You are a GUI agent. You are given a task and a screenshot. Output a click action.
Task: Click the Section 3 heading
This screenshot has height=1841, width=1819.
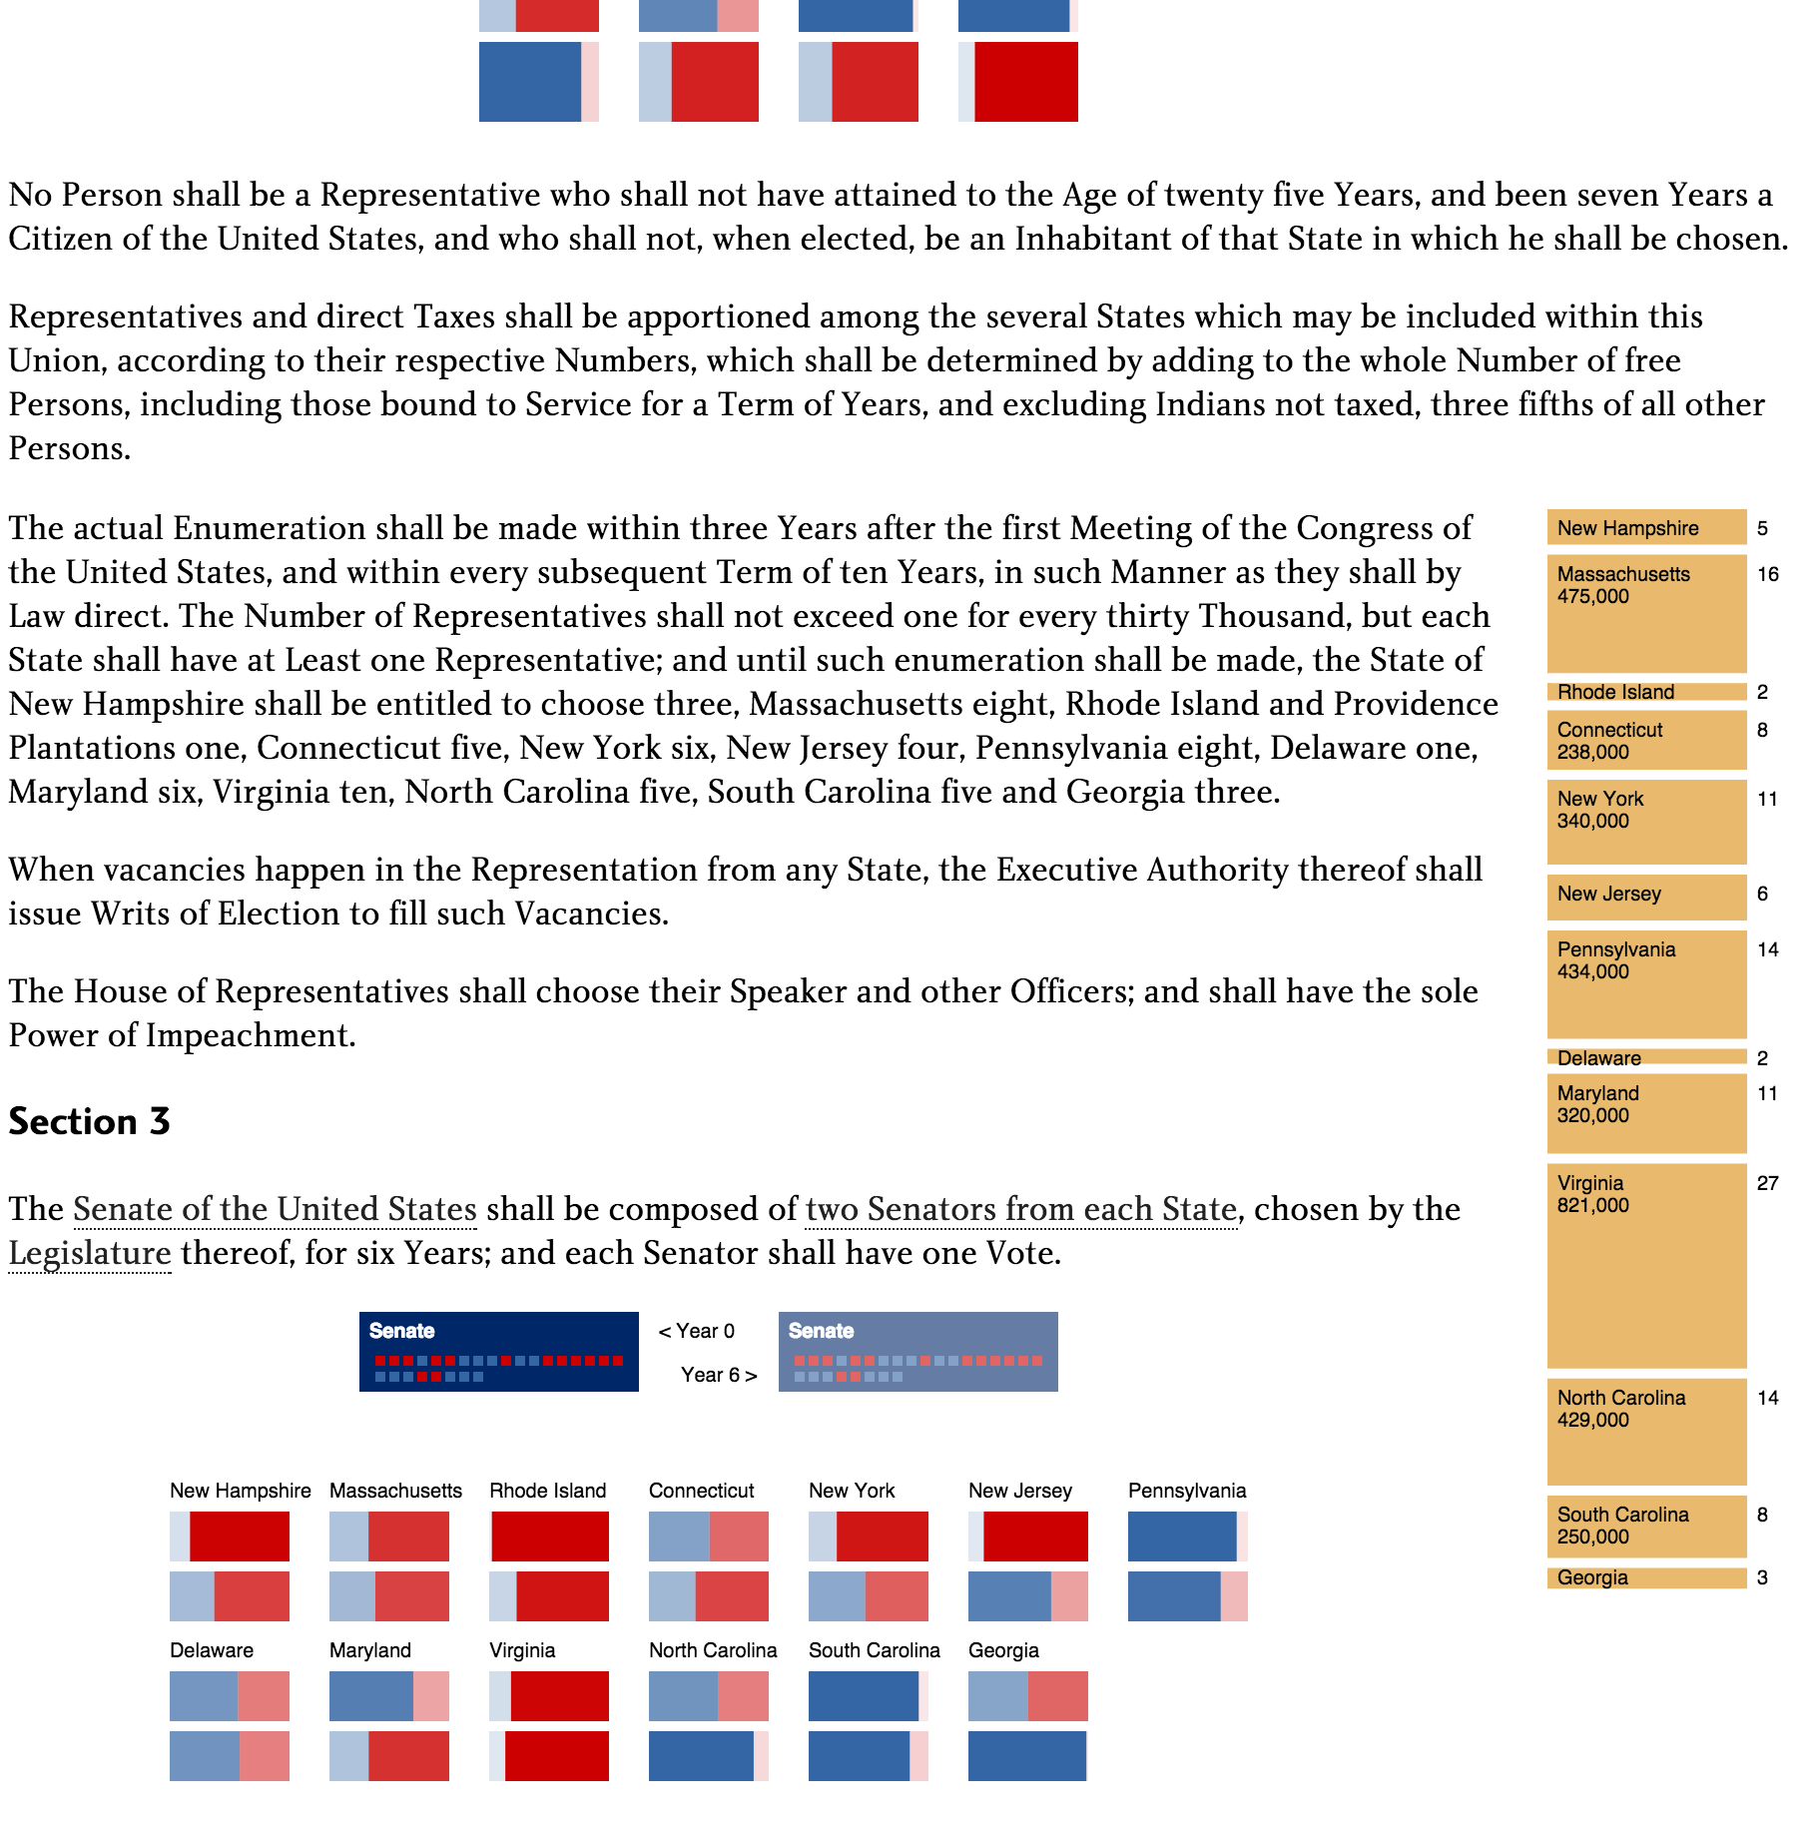[89, 1121]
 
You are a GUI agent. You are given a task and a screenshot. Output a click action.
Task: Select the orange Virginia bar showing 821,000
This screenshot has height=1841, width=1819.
[1645, 1265]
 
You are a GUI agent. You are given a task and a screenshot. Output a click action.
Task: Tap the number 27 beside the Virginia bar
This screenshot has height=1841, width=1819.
[1767, 1183]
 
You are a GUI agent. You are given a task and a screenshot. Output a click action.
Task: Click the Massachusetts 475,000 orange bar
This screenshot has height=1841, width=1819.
[1645, 613]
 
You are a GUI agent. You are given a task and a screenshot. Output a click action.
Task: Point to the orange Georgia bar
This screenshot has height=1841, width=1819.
[1645, 1577]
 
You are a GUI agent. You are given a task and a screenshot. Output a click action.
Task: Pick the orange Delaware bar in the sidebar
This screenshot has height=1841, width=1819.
[1645, 1057]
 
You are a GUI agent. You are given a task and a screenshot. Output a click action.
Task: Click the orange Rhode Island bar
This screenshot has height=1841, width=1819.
[1645, 691]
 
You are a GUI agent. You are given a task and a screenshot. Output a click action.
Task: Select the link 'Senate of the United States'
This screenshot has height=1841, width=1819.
[275, 1209]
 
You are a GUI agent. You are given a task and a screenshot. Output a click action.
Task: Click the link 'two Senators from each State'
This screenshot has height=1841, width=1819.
[1020, 1209]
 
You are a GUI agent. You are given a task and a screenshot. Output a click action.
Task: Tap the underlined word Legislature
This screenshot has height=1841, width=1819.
[90, 1253]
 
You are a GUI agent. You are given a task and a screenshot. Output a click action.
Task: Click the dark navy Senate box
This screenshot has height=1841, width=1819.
[498, 1351]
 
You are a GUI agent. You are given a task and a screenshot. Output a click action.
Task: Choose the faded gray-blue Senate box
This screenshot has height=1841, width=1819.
[917, 1351]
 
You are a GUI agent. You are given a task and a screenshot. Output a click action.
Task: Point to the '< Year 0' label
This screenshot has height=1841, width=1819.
[696, 1331]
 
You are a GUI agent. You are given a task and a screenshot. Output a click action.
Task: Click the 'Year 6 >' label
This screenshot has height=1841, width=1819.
[719, 1375]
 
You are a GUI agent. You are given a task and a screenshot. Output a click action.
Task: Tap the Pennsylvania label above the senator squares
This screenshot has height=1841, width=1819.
[1186, 1491]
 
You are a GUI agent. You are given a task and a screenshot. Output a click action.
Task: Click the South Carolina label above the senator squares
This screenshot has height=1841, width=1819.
[874, 1650]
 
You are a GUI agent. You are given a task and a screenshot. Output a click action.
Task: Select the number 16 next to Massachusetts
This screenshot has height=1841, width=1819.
[1767, 574]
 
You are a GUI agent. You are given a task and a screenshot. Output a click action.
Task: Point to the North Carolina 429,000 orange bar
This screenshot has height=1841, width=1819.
[1645, 1431]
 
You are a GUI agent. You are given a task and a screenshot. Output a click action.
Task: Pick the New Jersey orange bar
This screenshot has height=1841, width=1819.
[1645, 896]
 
